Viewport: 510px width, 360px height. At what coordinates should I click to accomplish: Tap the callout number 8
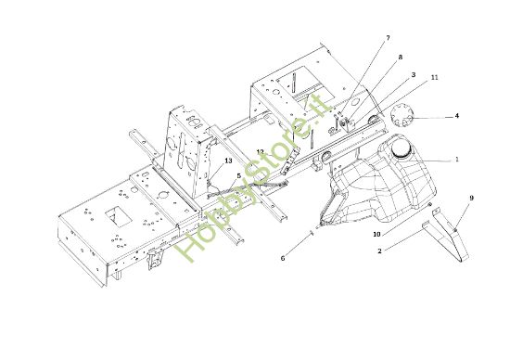click(400, 58)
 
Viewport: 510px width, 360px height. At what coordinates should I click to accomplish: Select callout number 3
click(413, 74)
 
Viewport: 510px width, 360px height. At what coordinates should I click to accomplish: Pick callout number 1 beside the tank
click(455, 159)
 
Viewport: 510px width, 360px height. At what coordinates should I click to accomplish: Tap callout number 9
click(471, 198)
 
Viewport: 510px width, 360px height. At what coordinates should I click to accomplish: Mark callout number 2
click(379, 250)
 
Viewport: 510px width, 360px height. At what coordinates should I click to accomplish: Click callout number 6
click(283, 259)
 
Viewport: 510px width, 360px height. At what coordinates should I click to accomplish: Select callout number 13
click(227, 161)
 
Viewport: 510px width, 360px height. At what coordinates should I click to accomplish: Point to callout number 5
click(238, 175)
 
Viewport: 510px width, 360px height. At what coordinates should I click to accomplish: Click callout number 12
click(261, 151)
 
